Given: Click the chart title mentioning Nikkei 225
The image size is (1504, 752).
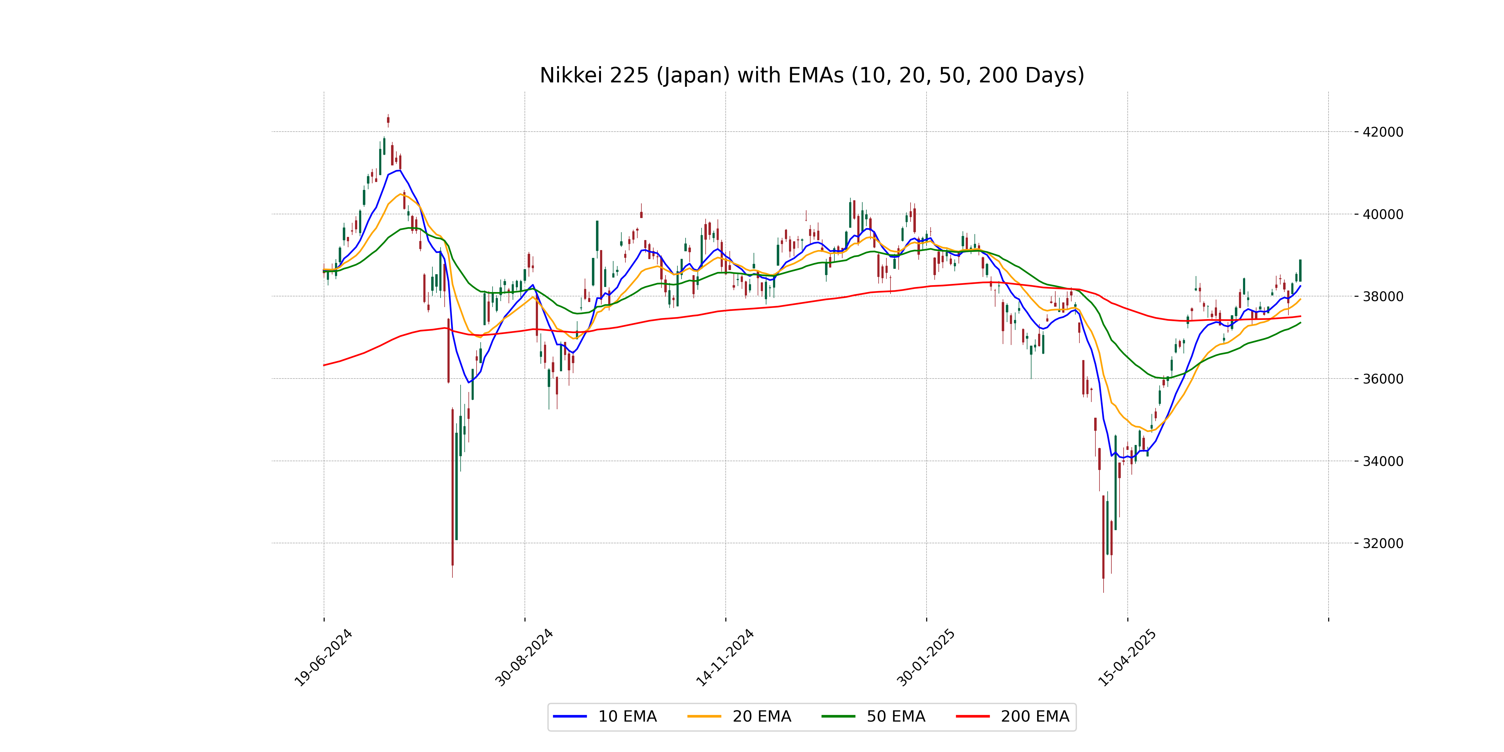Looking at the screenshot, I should [x=812, y=75].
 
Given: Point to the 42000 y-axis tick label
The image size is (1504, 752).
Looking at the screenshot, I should [x=1382, y=132].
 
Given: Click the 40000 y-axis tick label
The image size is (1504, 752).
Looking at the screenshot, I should [x=1382, y=214].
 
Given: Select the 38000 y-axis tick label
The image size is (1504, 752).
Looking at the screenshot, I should [x=1382, y=297].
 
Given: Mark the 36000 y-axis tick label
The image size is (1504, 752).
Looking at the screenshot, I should [x=1382, y=379].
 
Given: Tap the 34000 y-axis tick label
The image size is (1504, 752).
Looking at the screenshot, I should [x=1382, y=461].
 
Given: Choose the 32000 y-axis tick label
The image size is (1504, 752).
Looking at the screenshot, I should [x=1382, y=544].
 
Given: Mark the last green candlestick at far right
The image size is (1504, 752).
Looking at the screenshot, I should [x=1300, y=270].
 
